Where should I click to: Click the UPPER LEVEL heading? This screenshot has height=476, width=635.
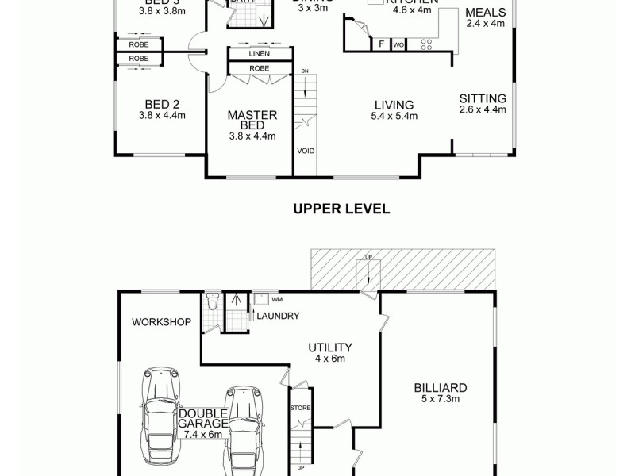[x=341, y=209]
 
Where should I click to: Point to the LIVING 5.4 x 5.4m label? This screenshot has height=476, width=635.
[x=394, y=110]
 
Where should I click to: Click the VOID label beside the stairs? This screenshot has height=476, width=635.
[x=305, y=150]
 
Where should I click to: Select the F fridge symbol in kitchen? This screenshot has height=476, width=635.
[x=382, y=45]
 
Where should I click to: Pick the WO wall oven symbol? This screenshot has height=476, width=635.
[x=398, y=45]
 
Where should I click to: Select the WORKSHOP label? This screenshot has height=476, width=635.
[x=162, y=322]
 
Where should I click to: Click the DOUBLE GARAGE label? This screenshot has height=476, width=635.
[x=203, y=418]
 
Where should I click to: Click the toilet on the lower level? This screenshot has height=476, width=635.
[x=211, y=303]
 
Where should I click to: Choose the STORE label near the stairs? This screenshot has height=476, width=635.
[x=301, y=408]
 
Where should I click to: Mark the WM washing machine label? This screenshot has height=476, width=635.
[x=277, y=300]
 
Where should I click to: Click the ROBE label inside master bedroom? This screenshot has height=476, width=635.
[x=260, y=68]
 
